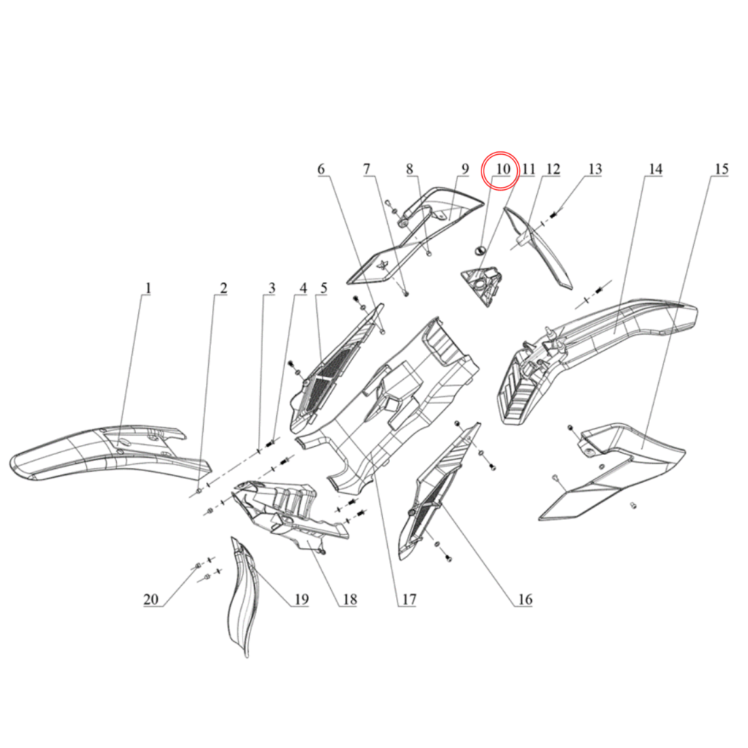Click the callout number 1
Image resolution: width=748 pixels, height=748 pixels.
coord(147,289)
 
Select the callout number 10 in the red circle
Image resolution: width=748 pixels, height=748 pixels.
coord(502,169)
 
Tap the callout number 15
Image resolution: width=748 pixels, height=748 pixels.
coord(721,169)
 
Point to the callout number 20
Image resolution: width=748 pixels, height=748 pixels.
coord(151,600)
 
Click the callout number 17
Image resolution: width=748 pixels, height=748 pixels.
coord(407,600)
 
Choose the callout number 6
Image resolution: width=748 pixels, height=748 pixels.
coord(321,169)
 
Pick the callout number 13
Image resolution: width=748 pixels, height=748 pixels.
coord(595,169)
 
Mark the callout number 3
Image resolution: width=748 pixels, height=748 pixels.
coord(271,289)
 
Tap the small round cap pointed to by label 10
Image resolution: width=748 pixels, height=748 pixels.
coord(480,251)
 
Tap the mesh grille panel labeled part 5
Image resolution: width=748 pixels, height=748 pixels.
coord(329,373)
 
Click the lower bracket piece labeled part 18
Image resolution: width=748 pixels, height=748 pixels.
coord(292,511)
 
